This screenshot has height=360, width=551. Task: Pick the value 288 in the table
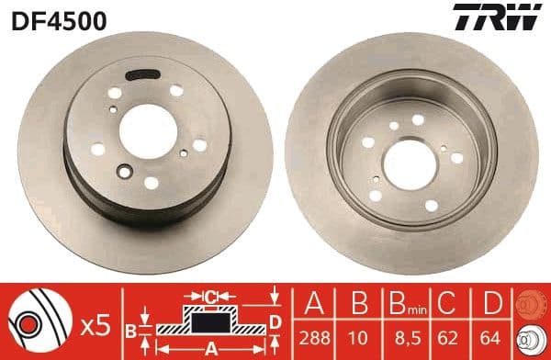315,336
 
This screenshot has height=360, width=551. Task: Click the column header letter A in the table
315,302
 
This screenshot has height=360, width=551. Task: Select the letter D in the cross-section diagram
275,321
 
